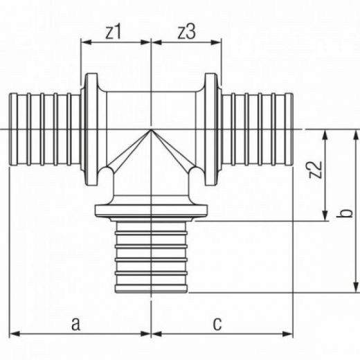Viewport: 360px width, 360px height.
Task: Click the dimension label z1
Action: (x=113, y=32)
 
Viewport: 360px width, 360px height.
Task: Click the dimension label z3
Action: (x=187, y=32)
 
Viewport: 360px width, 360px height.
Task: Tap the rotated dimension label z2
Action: (x=315, y=170)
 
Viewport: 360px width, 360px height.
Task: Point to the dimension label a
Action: (x=75, y=323)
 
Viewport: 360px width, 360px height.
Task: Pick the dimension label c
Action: (x=217, y=323)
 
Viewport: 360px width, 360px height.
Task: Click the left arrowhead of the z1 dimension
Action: (x=86, y=42)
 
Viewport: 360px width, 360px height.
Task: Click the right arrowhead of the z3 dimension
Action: (x=216, y=42)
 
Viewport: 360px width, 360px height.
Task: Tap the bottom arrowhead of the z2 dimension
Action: (x=325, y=216)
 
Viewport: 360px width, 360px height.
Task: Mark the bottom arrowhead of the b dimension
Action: (x=357, y=287)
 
